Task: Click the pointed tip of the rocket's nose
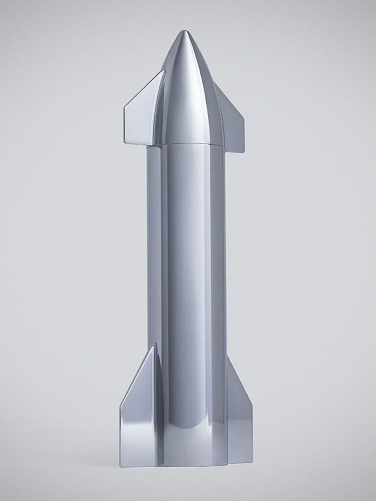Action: coord(184,32)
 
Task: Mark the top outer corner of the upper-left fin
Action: coord(164,70)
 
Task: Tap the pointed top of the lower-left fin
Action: coord(155,344)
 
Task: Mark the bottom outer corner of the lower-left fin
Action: coord(121,465)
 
